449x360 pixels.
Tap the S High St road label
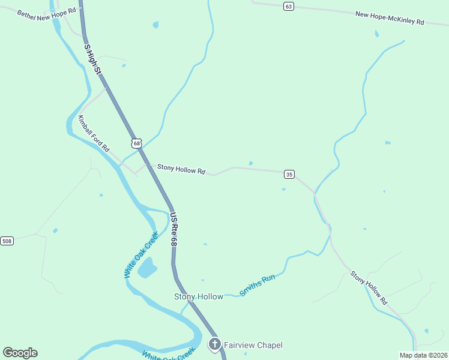click(x=92, y=59)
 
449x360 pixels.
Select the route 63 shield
click(x=289, y=6)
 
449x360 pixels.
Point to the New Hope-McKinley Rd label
click(x=390, y=18)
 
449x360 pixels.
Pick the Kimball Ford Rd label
click(x=94, y=133)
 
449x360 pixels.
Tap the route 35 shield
click(x=289, y=174)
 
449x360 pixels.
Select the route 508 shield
click(x=7, y=241)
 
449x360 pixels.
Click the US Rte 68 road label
click(x=173, y=229)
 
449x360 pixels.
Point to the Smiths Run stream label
click(x=257, y=285)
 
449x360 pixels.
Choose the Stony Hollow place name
click(x=199, y=296)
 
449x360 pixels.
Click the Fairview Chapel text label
click(x=253, y=345)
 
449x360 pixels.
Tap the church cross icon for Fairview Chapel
click(x=214, y=344)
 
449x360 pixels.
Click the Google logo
click(x=20, y=353)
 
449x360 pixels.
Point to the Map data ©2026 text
click(x=423, y=355)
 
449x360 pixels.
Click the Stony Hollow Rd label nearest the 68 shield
click(x=181, y=170)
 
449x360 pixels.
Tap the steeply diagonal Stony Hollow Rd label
click(x=369, y=286)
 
